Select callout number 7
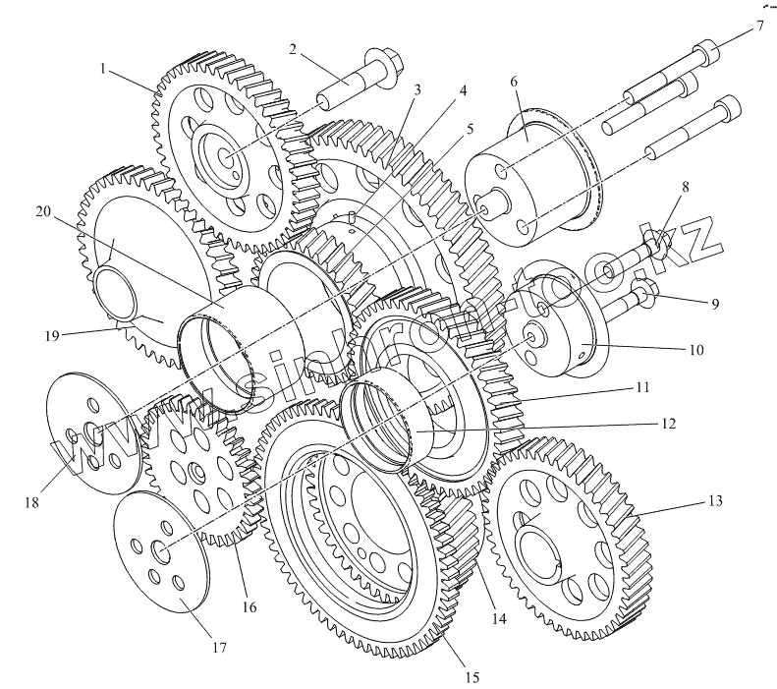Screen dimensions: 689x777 759,26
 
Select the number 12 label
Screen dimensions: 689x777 667,424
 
